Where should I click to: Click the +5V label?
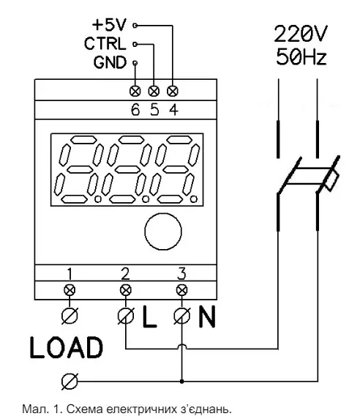(x=109, y=26)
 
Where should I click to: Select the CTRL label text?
(x=105, y=44)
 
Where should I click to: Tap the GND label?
(x=110, y=62)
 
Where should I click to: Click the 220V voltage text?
(x=301, y=34)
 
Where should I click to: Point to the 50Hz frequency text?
(x=301, y=56)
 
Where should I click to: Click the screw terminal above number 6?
(x=135, y=91)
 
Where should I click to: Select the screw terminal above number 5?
(x=154, y=91)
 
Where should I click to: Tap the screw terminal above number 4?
(x=173, y=91)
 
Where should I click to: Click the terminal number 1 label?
(x=70, y=273)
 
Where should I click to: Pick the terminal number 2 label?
(x=125, y=273)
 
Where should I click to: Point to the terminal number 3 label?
(x=181, y=273)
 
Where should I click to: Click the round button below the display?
(x=163, y=231)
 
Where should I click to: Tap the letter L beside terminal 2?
(x=149, y=316)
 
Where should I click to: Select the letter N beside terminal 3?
(x=207, y=316)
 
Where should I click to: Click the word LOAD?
(x=66, y=347)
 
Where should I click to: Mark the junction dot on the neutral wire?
(x=181, y=382)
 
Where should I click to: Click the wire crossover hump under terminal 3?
(x=181, y=346)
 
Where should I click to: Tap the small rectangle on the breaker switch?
(x=332, y=180)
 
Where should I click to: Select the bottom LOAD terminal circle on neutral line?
(x=70, y=382)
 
